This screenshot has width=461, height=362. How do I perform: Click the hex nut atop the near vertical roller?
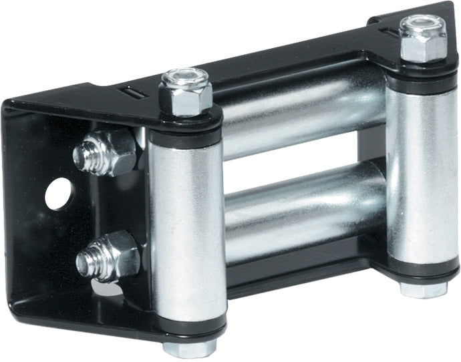point(185,95)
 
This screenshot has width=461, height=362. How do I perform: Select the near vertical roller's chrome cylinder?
point(186,227)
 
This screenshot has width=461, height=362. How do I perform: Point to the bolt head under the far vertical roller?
point(423,289)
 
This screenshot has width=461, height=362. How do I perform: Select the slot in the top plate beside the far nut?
point(387,31)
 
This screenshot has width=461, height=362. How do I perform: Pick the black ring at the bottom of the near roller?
point(190,329)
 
